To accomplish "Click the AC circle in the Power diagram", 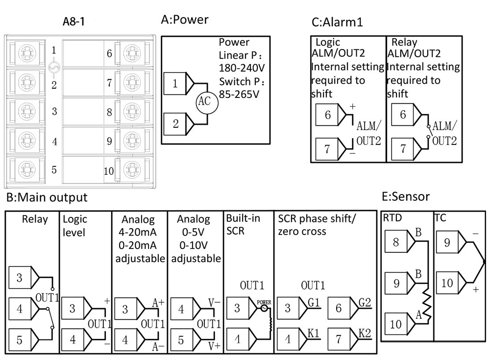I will (203, 101).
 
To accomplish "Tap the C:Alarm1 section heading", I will (337, 22).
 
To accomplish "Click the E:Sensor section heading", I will (405, 196).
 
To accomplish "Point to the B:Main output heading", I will (47, 197).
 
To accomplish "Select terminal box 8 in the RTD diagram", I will (397, 242).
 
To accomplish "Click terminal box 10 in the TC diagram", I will (447, 284).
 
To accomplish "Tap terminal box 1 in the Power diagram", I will (175, 83).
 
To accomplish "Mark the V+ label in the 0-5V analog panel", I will (214, 345).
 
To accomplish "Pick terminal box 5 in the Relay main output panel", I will (20, 339).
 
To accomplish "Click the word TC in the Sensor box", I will (440, 217).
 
